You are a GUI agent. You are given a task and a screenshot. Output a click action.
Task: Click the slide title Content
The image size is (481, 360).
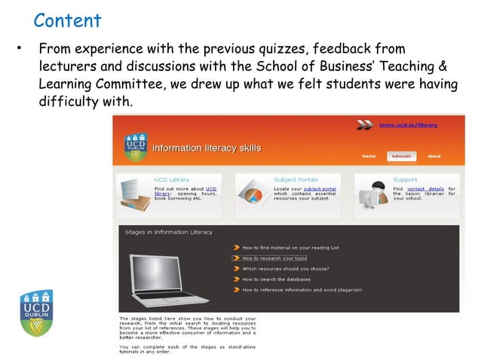[67, 20]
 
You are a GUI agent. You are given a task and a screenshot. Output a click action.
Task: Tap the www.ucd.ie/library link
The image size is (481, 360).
[407, 124]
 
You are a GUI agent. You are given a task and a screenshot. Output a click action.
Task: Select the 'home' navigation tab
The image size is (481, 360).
[369, 156]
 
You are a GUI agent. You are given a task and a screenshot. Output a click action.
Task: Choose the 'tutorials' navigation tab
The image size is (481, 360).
[401, 156]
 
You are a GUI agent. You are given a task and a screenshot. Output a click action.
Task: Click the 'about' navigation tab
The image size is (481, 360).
[434, 156]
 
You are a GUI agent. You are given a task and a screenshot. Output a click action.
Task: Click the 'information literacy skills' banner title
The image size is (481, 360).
[207, 148]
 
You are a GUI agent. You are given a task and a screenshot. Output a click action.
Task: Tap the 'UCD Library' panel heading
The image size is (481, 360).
[172, 180]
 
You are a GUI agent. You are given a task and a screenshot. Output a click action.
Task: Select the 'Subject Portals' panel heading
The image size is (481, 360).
[296, 180]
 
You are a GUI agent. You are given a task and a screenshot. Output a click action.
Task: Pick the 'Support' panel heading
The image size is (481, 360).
[405, 180]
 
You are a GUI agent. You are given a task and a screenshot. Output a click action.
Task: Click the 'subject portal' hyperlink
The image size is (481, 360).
[320, 188]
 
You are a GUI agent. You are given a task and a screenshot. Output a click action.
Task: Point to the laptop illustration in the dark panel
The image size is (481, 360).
[167, 278]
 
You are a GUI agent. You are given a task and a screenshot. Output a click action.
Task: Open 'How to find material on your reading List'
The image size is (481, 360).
[290, 247]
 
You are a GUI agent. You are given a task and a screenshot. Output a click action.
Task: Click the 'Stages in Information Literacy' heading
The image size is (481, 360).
[168, 232]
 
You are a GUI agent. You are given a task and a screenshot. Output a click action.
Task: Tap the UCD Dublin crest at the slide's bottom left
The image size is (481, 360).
[37, 313]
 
